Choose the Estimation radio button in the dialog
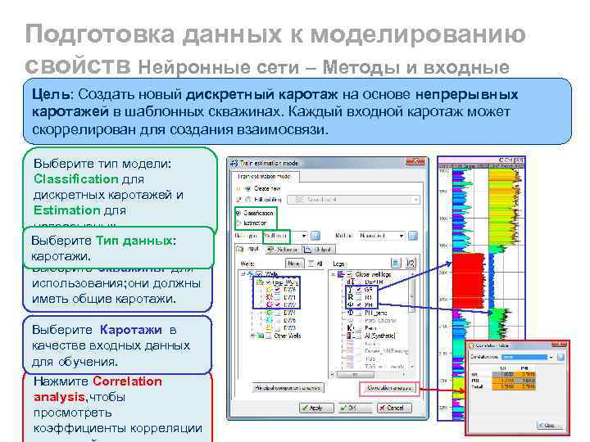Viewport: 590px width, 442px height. pos(238,221)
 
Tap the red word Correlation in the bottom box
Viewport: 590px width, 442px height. pos(128,381)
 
